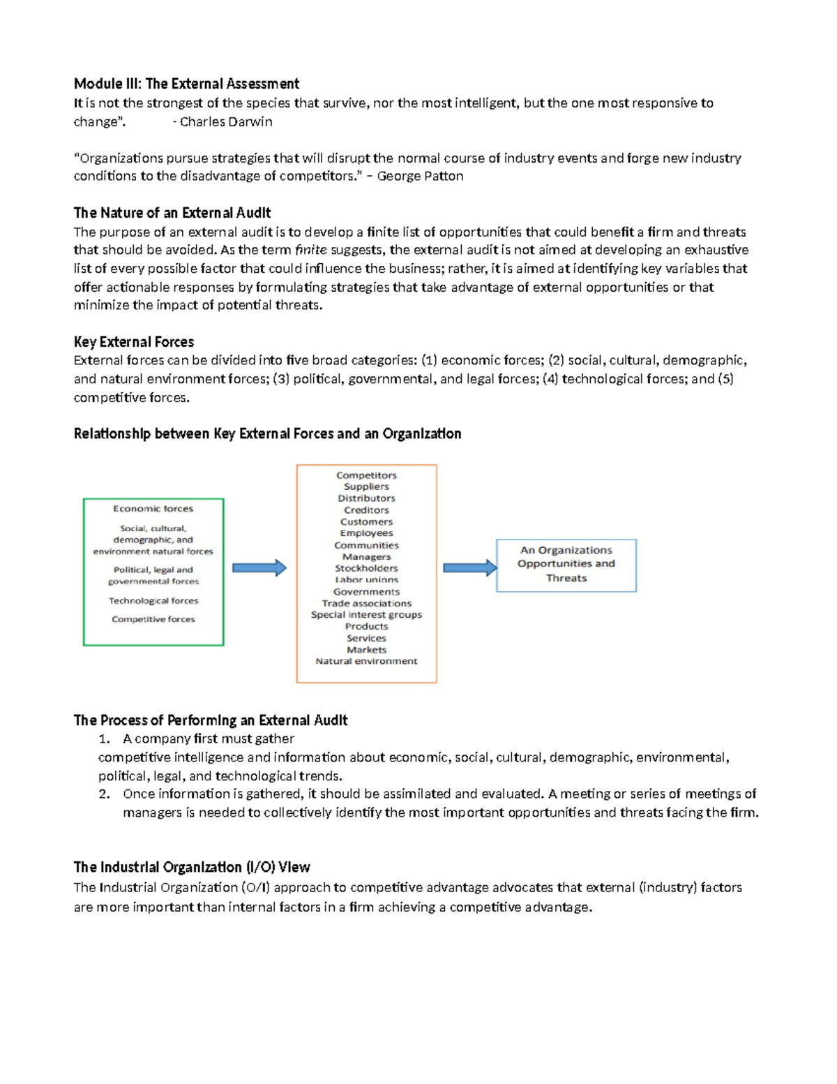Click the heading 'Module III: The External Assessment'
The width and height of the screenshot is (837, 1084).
pos(186,84)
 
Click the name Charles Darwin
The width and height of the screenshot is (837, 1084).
pos(225,121)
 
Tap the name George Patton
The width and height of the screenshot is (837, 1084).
pos(420,176)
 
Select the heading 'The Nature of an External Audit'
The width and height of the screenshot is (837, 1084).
pos(172,213)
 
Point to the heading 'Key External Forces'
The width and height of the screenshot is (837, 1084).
pos(134,342)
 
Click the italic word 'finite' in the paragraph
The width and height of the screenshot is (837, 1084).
pos(310,250)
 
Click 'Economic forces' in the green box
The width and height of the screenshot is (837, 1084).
pos(153,509)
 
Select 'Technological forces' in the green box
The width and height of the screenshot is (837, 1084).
pos(153,601)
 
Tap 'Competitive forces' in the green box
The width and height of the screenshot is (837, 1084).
pos(153,619)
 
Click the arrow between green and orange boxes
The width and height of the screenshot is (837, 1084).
pos(259,568)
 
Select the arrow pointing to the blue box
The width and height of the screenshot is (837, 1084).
pos(469,567)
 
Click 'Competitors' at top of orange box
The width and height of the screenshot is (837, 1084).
pos(366,475)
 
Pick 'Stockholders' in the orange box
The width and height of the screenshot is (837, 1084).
pos(366,568)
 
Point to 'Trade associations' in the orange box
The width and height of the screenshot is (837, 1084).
pos(366,603)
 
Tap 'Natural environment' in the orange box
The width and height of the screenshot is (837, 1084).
pos(366,661)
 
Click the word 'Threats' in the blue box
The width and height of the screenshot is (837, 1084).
pos(566,578)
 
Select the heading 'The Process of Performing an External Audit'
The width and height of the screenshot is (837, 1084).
pos(211,720)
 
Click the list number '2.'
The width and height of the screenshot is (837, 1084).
pos(105,794)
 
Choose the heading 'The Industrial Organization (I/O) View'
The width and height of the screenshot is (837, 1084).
pos(192,868)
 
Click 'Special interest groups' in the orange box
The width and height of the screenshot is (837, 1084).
pos(366,615)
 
